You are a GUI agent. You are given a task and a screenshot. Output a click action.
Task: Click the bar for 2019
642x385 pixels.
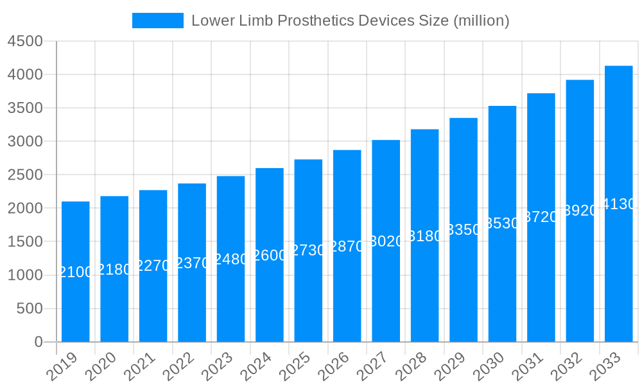click(76, 302)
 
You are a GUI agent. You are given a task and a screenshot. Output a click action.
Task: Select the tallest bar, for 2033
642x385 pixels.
click(619, 269)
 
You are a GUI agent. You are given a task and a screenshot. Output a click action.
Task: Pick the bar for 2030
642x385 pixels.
click(502, 282)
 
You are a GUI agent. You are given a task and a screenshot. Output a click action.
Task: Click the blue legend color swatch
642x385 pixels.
click(157, 21)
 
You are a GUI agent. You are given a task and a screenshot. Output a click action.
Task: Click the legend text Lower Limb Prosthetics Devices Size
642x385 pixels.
click(351, 21)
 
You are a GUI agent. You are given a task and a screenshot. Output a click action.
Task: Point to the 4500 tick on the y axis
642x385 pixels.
click(25, 41)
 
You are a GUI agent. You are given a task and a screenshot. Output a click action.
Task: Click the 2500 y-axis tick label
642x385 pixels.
click(25, 175)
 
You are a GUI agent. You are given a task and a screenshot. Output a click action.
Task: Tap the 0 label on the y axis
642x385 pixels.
click(39, 342)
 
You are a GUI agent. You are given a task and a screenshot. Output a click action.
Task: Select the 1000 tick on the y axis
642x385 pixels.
click(25, 275)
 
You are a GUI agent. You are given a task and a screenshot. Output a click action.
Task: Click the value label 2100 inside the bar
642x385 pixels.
click(76, 272)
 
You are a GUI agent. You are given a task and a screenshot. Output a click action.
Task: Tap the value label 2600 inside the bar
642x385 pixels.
click(270, 255)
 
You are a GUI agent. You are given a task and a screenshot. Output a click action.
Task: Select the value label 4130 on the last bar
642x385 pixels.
click(619, 204)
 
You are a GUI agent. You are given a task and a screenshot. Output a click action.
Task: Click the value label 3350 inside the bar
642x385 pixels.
click(464, 230)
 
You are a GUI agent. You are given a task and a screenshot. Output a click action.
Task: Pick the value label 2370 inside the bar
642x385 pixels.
click(192, 263)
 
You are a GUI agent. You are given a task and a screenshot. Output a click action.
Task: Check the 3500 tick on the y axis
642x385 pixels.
click(25, 108)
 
